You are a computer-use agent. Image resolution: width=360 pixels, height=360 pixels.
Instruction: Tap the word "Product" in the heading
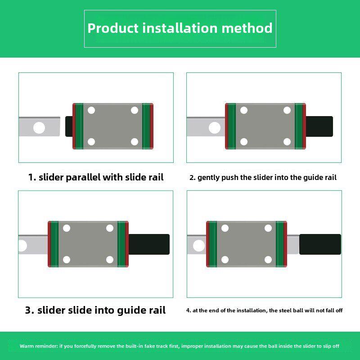113,28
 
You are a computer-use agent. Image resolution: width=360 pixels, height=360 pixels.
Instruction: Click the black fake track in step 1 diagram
69,126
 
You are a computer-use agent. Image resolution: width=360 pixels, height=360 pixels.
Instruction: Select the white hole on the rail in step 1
39,128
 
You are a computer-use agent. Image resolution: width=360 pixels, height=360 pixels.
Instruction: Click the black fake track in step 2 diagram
319,126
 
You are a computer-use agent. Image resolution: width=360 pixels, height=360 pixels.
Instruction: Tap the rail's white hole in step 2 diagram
215,128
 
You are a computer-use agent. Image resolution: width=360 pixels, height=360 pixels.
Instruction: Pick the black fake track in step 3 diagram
149,244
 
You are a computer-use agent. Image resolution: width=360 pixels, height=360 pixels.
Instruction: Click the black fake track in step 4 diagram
320,244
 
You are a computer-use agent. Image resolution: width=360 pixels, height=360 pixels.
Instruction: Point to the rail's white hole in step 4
199,246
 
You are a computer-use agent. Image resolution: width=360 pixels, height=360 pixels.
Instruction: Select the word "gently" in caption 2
208,178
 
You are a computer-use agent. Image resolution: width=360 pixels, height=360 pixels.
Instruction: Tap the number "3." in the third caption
30,310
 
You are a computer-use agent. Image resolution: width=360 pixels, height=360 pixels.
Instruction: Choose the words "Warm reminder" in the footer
39,346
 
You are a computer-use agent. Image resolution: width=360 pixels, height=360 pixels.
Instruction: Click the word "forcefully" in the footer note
85,346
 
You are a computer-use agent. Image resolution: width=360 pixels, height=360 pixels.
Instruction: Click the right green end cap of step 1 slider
146,126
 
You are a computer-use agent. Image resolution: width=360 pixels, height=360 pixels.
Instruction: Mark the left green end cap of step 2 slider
232,126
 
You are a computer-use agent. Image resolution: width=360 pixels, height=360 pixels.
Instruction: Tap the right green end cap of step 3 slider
121,244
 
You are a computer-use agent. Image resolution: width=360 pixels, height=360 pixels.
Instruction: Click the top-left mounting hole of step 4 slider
225,228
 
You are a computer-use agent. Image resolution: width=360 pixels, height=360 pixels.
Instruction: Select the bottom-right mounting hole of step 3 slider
110,260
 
